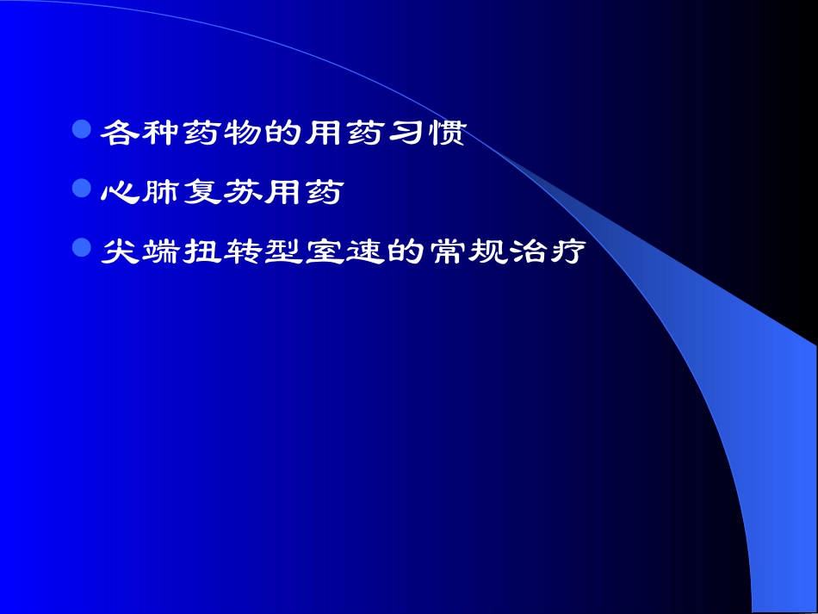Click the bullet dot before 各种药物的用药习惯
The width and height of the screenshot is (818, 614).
pos(82,130)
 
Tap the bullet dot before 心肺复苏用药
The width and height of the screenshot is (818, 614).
pos(82,189)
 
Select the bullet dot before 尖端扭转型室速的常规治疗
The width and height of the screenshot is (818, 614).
pos(82,250)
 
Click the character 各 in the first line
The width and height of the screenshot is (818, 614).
pos(118,133)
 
